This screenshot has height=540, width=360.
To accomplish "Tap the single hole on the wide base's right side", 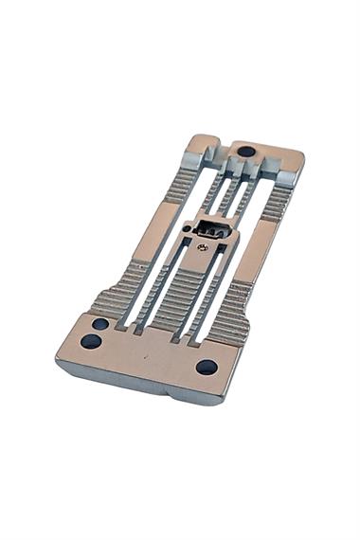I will tap(206, 366).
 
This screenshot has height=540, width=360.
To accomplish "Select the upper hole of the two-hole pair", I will tap(99, 324).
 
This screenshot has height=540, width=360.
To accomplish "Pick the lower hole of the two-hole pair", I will tap(90, 341).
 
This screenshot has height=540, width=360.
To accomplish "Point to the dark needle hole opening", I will tap(213, 232).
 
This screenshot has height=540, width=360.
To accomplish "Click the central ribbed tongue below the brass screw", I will tap(180, 294).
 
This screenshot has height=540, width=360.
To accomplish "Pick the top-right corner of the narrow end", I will tap(301, 153).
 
